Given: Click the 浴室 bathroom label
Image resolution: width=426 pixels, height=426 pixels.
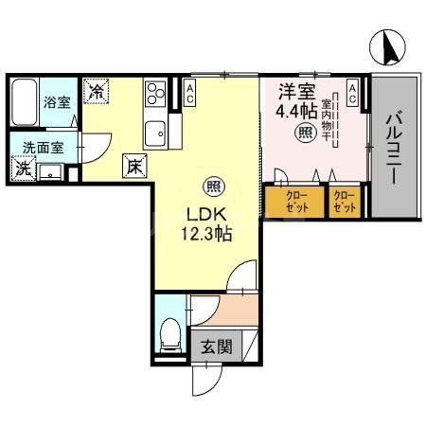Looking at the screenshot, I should coord(56,102).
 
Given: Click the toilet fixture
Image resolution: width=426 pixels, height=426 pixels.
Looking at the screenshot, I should coord(171,334).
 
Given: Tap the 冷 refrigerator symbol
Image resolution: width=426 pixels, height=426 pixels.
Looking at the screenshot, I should coord(97,93).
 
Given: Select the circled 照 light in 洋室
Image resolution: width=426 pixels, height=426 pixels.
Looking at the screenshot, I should coord(306,133).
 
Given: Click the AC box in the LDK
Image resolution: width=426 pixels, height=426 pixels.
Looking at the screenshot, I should coord(190,93).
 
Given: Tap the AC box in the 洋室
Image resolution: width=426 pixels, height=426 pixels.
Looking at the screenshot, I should coord(352,93).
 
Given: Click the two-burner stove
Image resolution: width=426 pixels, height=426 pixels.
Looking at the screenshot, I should coord(155,94).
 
